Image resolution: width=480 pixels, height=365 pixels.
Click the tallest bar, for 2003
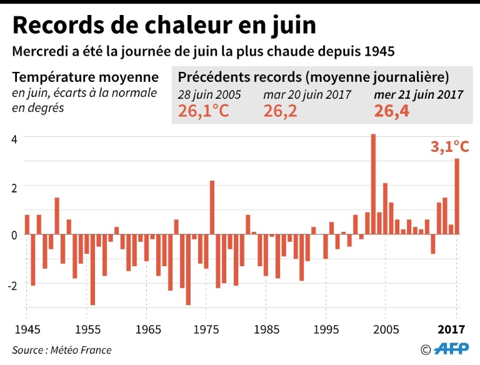point(373,184)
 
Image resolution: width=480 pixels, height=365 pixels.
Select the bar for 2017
point(457,196)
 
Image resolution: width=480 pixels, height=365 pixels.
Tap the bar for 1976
point(212,207)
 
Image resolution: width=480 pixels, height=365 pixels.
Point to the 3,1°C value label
point(449,147)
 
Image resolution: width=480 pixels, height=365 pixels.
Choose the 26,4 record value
point(391,111)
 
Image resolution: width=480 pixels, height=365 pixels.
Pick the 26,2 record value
point(281,111)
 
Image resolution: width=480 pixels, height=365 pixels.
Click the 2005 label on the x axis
point(386,328)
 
